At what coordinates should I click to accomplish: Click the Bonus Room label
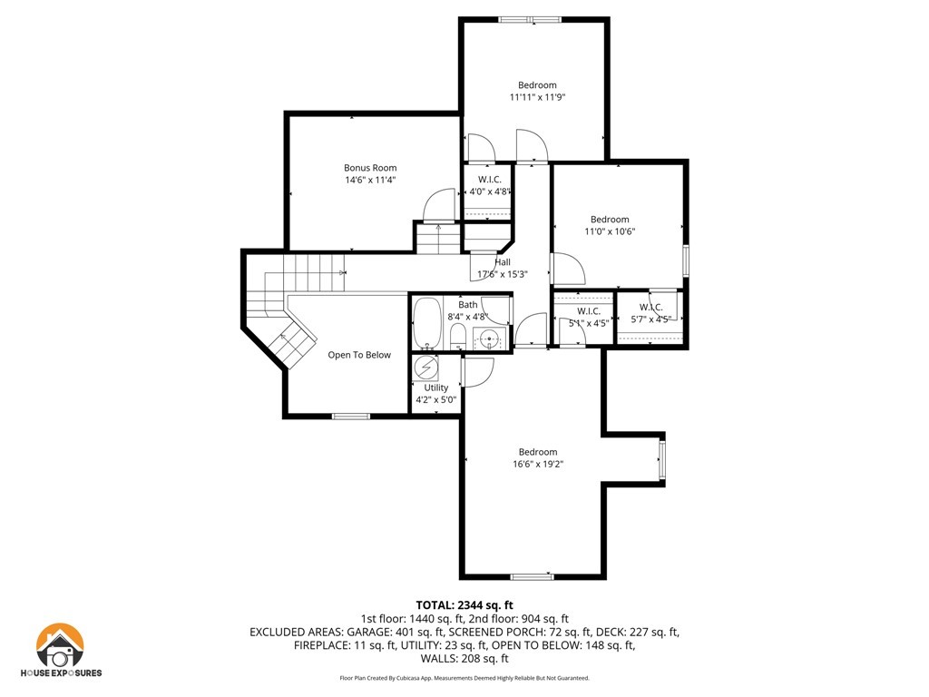370,168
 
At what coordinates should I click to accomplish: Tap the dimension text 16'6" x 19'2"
538,464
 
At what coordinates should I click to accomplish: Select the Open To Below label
359,355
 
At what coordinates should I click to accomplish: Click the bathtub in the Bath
426,323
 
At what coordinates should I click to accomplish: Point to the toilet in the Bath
458,337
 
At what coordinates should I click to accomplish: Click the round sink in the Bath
489,339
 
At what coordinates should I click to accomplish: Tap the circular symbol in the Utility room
425,368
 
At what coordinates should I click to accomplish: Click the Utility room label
436,388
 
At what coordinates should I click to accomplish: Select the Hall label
503,262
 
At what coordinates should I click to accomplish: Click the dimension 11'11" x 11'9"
537,97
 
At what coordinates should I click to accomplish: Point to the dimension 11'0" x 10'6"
610,231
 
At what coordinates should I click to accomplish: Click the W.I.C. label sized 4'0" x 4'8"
489,179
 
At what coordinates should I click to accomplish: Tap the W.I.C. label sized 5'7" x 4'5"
650,307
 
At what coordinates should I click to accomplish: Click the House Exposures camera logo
60,645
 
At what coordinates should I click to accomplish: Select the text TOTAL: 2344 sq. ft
464,605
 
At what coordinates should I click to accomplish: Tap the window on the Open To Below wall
351,416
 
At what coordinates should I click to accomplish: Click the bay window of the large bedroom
661,458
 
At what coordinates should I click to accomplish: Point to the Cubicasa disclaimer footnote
464,678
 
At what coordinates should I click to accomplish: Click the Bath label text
467,305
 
